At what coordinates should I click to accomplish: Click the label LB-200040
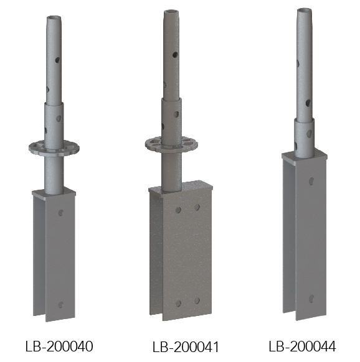point(59,346)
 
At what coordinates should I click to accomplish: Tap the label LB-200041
point(186,347)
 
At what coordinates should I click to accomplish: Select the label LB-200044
point(302,346)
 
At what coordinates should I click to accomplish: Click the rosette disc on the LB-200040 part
point(54,148)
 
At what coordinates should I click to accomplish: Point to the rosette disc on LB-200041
point(171,144)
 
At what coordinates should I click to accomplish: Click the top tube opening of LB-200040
point(54,18)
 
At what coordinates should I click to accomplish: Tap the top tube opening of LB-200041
point(171,12)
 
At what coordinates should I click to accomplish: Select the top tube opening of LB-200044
point(305,11)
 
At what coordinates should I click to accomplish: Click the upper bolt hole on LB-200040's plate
point(61,212)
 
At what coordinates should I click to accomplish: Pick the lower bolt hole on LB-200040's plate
point(60,305)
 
